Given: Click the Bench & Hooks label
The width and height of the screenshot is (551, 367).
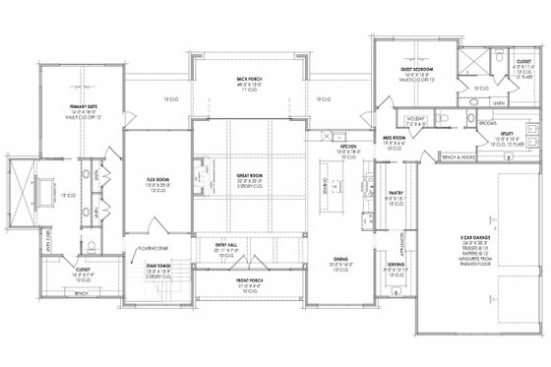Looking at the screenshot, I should pos(459,155).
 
